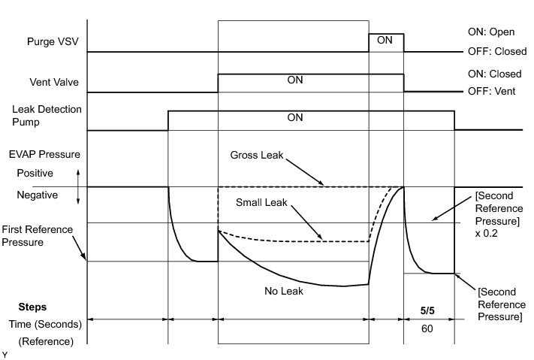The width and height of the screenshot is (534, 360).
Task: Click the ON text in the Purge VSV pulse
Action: tap(385, 41)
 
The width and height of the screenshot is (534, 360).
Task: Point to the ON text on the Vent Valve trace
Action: tap(294, 80)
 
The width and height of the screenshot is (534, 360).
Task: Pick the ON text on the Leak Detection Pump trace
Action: tap(294, 117)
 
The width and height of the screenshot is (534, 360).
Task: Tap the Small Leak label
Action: tap(258, 202)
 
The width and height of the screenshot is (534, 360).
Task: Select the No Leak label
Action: tap(283, 291)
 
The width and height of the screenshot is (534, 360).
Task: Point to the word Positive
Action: tap(35, 172)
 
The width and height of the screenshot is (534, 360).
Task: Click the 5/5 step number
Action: tap(429, 307)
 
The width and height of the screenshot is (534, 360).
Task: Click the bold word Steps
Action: tap(32, 307)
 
